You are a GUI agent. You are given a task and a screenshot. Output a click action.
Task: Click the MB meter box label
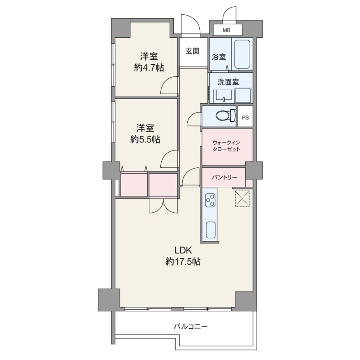click(x=227, y=30)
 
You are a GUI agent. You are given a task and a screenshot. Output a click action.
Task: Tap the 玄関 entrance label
click(x=193, y=51)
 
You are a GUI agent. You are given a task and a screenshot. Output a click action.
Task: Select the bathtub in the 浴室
click(x=242, y=54)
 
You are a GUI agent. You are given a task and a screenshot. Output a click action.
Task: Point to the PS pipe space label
click(x=245, y=117)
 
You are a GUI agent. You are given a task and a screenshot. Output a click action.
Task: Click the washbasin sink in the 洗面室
click(x=223, y=96)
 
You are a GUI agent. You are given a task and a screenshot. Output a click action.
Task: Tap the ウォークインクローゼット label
click(x=226, y=146)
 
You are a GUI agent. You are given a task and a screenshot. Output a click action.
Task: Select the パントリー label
click(x=225, y=177)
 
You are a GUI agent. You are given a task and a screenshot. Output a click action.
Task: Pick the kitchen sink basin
click(x=211, y=230)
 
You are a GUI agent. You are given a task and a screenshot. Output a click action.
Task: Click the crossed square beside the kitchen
click(x=242, y=198)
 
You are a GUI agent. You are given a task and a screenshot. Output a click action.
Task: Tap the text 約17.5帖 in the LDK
click(x=183, y=262)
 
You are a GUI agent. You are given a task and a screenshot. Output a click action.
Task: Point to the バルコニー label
click(x=191, y=326)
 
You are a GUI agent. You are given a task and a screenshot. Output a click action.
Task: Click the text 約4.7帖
click(x=149, y=68)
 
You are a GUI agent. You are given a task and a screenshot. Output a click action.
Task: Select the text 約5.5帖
click(x=145, y=139)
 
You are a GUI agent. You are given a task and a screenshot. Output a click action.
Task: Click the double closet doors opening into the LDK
click(x=163, y=205)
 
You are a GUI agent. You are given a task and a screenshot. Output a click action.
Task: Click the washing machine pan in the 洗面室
click(x=243, y=96)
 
